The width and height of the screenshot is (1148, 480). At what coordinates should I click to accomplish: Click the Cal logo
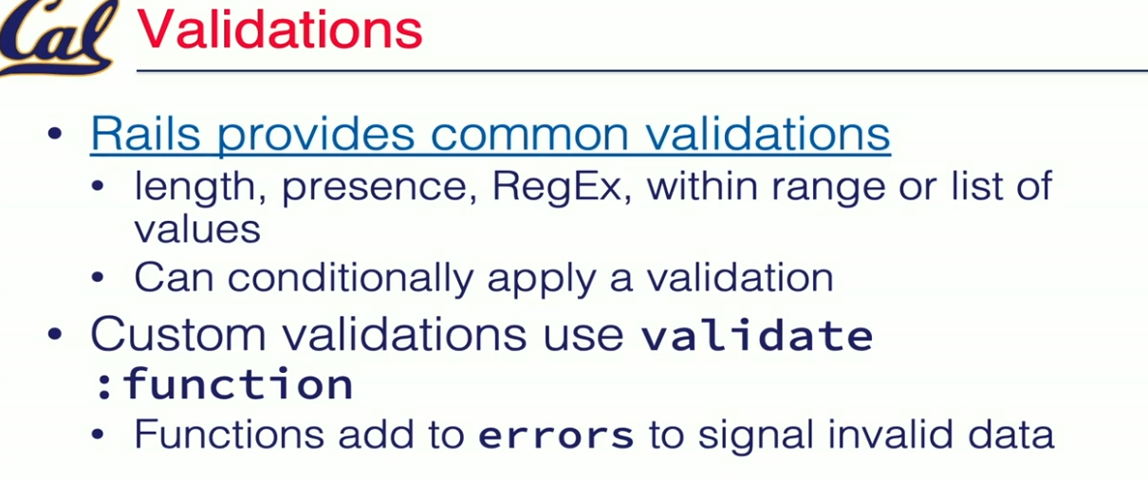click(x=56, y=36)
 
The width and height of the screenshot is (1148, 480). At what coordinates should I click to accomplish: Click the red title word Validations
click(x=280, y=29)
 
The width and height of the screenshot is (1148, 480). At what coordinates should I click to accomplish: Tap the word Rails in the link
click(x=145, y=133)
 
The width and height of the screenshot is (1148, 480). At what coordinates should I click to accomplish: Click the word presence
click(x=380, y=189)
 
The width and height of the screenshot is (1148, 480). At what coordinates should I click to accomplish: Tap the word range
click(x=828, y=190)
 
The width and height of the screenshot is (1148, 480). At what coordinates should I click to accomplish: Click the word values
click(x=197, y=230)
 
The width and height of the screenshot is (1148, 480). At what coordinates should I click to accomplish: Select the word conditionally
click(x=350, y=279)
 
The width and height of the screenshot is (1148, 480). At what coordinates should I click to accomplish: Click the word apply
click(x=542, y=281)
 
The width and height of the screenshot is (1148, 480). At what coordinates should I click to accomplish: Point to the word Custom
click(x=178, y=334)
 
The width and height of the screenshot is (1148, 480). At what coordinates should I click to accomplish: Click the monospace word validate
click(x=757, y=336)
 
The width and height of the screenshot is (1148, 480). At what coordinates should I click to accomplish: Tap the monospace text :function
click(x=224, y=383)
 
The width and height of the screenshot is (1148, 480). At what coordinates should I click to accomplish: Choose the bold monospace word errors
click(x=556, y=436)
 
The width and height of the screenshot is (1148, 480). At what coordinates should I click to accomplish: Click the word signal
click(x=755, y=436)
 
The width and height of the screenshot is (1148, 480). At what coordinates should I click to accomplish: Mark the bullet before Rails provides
click(x=54, y=134)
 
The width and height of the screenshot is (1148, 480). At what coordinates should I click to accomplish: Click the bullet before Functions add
click(x=98, y=434)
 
